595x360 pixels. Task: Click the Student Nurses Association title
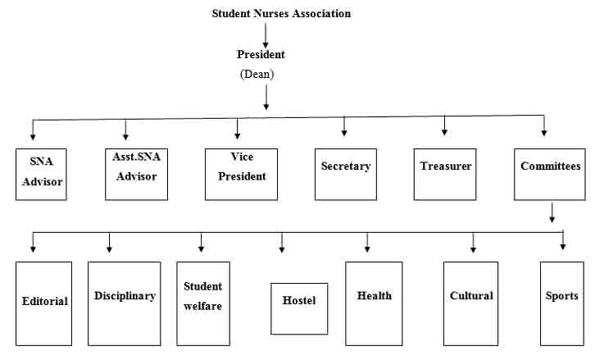point(281,13)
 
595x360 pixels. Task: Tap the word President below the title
point(261,54)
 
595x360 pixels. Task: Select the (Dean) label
point(257,74)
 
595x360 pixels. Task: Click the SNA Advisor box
point(41,175)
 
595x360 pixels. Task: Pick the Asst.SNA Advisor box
point(136,175)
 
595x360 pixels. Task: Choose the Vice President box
point(241,175)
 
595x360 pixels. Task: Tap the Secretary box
point(346,175)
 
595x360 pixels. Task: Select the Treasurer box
point(445,175)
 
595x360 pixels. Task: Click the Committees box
point(550,175)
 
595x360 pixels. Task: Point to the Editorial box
point(43,303)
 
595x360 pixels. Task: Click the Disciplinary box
point(124,303)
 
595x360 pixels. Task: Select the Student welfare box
point(203,303)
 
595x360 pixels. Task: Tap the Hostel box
point(299,308)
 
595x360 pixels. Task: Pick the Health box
point(374,303)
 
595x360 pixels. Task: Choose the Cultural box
point(471,303)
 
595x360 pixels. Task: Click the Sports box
point(562,303)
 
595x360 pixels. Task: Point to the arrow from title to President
point(266,36)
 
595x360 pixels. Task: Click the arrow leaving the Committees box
point(552,212)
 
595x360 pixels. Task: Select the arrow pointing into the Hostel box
point(282,243)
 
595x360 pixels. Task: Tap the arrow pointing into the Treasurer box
point(444,125)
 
